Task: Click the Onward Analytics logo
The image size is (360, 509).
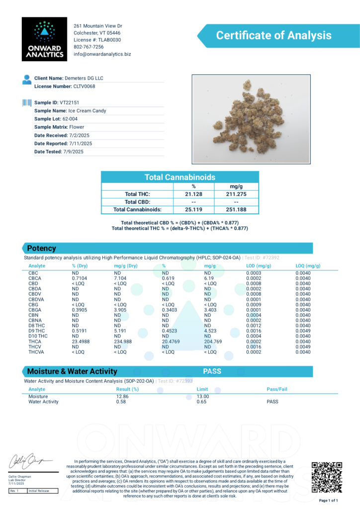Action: pos(44,39)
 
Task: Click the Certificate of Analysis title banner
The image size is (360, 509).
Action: pos(273,36)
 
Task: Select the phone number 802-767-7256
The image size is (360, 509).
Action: pos(89,47)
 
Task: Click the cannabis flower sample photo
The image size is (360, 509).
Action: pos(251,119)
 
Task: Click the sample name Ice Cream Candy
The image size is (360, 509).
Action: pos(87,111)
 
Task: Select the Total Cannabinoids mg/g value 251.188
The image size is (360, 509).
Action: pos(236,210)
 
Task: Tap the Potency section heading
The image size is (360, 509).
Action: pos(42,248)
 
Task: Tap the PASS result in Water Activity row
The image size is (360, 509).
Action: pos(272,402)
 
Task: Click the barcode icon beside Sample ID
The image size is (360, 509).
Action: pos(26,102)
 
